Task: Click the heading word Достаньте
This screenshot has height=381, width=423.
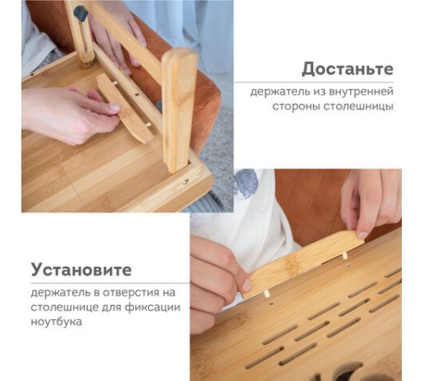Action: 348,69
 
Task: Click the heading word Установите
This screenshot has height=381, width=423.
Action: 81,270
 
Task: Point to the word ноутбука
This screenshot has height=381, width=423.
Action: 57,322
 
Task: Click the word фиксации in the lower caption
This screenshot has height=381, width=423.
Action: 152,307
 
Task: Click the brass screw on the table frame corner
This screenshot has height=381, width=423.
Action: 185,182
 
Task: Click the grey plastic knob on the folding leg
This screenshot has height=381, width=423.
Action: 80,13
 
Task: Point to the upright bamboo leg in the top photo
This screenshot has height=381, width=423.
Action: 179,110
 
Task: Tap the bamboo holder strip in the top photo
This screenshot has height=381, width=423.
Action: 124,108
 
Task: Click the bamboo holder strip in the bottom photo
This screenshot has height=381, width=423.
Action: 304,262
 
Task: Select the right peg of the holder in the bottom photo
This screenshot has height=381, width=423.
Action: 344,256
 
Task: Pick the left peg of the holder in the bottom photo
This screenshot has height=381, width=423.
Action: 266,295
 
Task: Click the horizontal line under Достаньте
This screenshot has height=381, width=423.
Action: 314,82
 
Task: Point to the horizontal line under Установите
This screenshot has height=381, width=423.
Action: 110,283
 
